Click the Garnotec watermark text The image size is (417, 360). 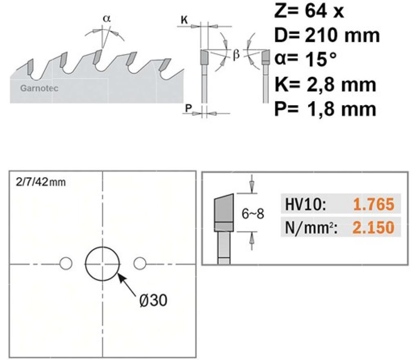39,88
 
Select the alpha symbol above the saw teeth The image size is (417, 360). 107,19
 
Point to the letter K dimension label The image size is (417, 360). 184,20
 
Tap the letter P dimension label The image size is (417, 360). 188,108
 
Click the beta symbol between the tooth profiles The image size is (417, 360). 236,55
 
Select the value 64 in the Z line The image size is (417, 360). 316,11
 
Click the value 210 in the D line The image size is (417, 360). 322,36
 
